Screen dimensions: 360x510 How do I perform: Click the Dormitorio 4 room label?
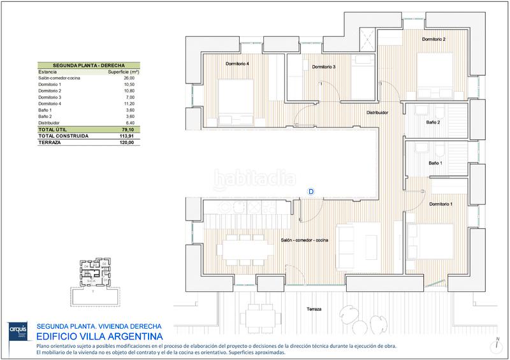237,64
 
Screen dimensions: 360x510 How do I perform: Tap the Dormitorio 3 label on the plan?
323,67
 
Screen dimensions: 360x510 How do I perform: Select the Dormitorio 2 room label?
433,40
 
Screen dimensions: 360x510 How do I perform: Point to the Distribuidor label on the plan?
377,113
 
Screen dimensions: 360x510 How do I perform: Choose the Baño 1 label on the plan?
434,164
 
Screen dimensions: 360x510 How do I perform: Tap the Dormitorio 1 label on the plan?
441,204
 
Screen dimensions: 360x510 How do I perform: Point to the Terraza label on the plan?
312,309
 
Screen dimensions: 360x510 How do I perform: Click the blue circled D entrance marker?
311,191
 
